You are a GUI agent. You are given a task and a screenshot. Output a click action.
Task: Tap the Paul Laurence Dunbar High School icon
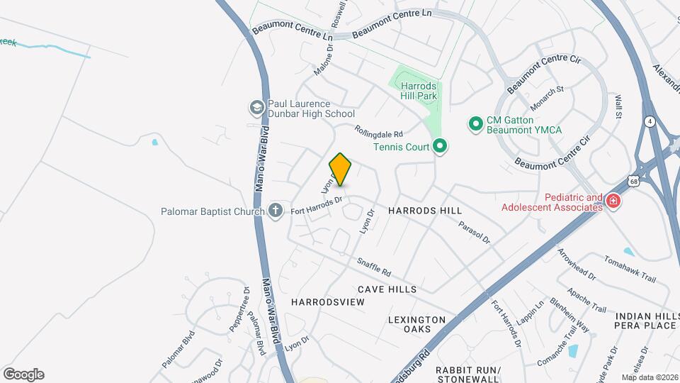[256, 108]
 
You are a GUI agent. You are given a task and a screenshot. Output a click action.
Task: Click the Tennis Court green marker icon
[440, 147]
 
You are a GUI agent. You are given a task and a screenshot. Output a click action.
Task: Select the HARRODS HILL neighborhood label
[425, 211]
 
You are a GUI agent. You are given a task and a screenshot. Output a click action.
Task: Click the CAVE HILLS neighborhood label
[387, 289]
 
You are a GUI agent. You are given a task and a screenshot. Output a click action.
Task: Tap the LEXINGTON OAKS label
[416, 325]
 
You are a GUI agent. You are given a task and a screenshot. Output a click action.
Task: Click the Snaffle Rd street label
[374, 267]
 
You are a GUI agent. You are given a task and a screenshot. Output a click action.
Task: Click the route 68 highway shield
[633, 182]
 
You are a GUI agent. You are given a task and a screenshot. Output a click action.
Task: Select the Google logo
[23, 374]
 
